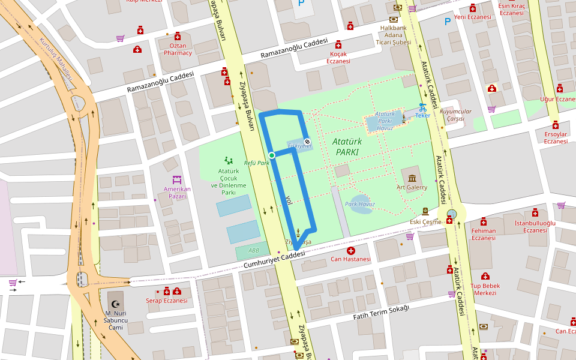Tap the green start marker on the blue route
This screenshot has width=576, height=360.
point(272,155)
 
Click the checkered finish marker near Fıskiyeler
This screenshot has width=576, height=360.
point(307,142)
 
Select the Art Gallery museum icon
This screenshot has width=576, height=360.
point(412,178)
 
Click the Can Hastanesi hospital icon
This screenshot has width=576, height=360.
point(350,250)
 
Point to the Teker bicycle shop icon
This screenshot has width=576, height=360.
point(422,107)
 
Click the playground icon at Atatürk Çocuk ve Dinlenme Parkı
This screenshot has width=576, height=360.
point(228,160)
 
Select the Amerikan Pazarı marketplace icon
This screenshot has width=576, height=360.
point(177,179)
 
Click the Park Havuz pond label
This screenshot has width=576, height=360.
point(359,204)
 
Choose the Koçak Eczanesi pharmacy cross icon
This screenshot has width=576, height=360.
point(338,45)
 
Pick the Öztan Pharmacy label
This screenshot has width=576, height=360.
point(177,49)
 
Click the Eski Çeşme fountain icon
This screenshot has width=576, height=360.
point(425,211)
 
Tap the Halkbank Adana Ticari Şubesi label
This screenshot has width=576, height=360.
point(394,35)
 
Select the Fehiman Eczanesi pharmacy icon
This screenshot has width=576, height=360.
point(484,221)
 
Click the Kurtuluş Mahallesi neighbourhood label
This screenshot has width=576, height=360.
point(56,59)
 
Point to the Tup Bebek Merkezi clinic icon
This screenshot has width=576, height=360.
point(485,277)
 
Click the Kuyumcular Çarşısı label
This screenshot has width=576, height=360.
point(456,115)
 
